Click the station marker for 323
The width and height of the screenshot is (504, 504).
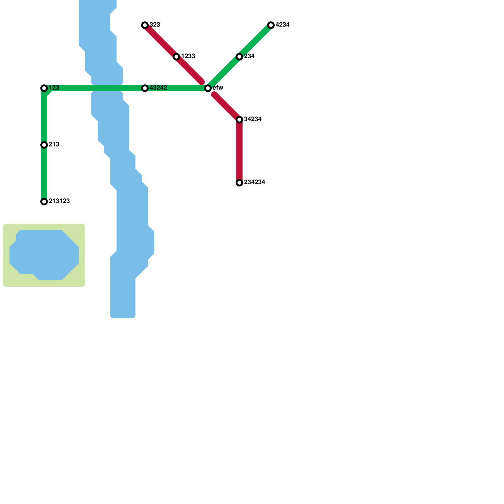coord(145,25)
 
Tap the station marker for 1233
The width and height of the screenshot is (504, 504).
coord(176,57)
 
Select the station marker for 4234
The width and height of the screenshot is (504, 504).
coord(271,25)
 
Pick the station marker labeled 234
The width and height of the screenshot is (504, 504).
coord(239,57)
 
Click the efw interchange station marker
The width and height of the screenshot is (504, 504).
coord(208,88)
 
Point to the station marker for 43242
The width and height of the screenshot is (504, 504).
coord(145,88)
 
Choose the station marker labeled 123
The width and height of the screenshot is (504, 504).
coord(44,88)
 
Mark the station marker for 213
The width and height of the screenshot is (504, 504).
coord(44,145)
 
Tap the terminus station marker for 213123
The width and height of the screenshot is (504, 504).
coord(44,202)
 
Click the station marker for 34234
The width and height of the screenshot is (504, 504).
coord(239,120)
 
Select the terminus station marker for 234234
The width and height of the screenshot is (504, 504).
coord(239,183)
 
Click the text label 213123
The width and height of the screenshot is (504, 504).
coord(59,201)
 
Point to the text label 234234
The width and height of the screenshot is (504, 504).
coord(255,182)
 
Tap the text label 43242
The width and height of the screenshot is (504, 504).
coord(158,88)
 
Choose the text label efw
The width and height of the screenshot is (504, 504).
coord(218,88)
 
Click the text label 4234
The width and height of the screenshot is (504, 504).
coord(283,25)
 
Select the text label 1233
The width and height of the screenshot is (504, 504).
coord(188,56)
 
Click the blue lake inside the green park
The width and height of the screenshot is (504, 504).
coord(44,255)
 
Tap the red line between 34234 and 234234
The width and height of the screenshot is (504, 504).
coord(239,151)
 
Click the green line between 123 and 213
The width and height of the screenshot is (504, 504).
coord(44,117)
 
